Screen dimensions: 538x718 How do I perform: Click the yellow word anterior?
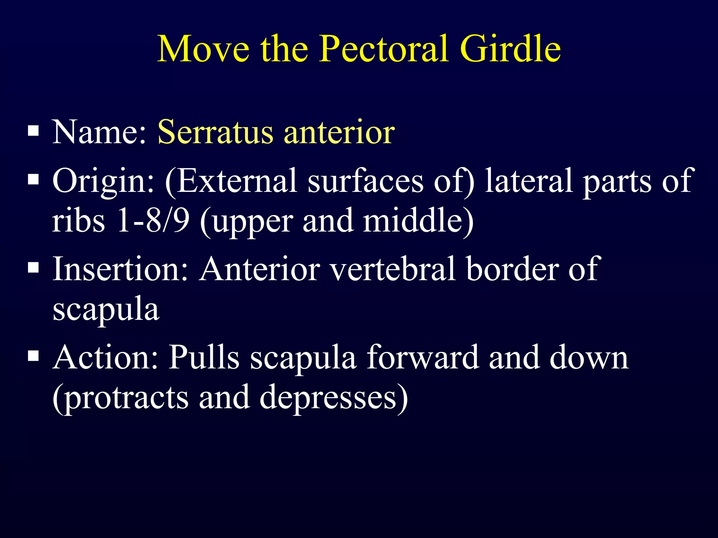point(339,132)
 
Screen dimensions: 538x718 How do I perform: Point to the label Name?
point(99,132)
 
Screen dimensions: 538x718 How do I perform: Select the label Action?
point(106,357)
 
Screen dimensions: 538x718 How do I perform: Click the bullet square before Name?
point(33,131)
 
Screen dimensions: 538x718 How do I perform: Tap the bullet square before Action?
point(33,357)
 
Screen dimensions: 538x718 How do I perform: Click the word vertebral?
point(393,269)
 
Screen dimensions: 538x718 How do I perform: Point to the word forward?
point(422,357)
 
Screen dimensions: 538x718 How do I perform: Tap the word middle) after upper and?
point(418,221)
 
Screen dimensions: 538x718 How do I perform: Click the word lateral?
point(529,181)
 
